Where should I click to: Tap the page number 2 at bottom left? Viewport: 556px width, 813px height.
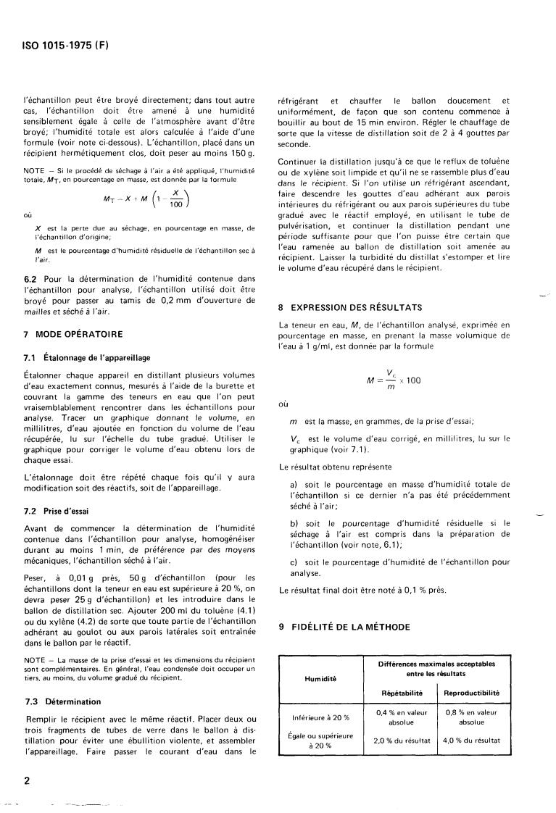click(x=27, y=781)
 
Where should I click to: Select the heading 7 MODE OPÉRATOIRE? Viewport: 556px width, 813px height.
click(x=72, y=334)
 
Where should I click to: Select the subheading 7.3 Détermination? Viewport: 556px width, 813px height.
click(x=62, y=702)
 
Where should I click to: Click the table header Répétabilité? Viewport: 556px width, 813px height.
click(x=403, y=693)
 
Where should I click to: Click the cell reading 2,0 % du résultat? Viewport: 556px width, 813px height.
click(x=403, y=740)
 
